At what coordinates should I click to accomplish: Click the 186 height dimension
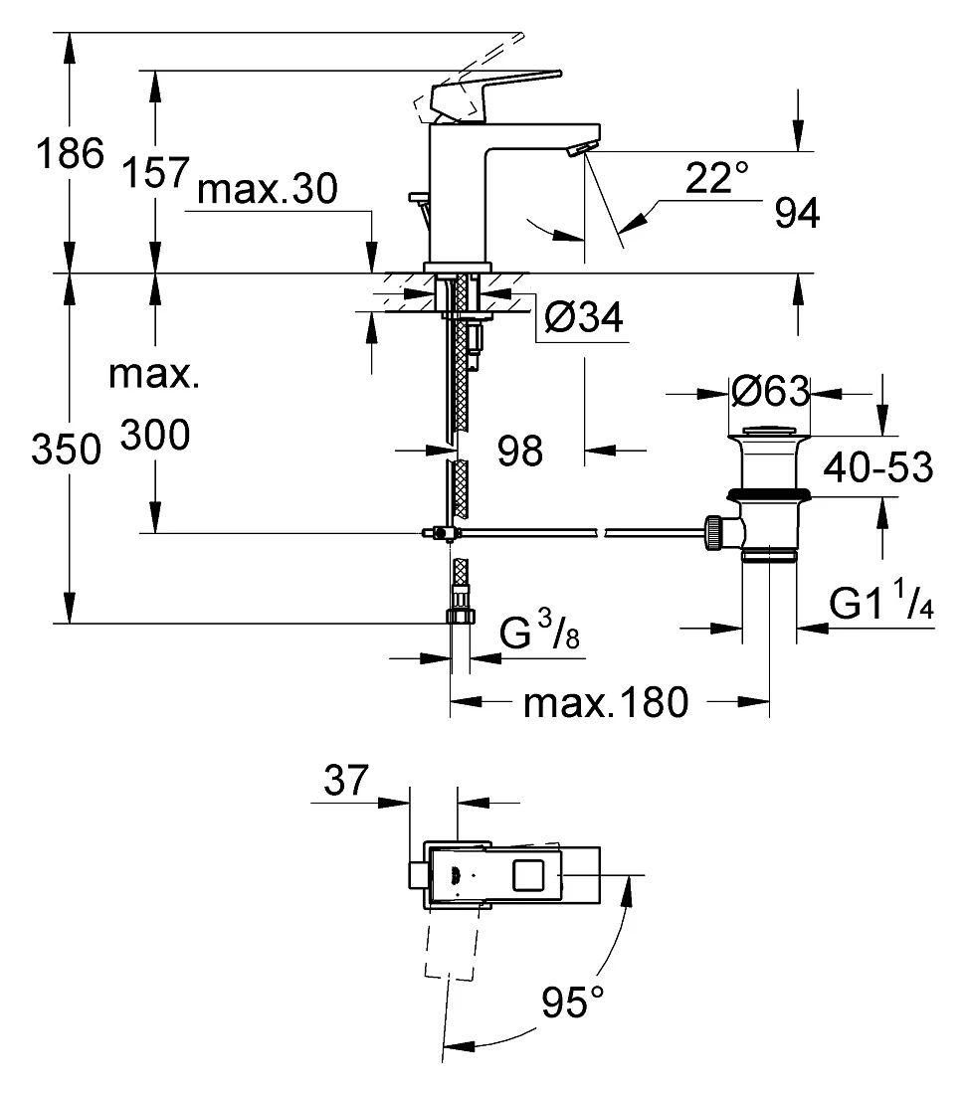(70, 153)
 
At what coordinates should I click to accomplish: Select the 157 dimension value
(155, 172)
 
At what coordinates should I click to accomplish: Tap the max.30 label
(268, 189)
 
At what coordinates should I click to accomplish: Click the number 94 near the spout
(797, 213)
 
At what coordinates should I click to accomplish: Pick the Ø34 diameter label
(584, 317)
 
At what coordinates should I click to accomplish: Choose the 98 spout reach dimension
(520, 451)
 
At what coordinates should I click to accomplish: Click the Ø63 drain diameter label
(771, 391)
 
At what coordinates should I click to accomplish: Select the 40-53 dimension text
(878, 467)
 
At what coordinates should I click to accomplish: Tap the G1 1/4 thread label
(881, 602)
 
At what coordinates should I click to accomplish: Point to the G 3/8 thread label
(539, 630)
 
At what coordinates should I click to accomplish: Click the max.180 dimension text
(606, 702)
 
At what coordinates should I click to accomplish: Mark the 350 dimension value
(67, 450)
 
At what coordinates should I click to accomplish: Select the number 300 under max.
(155, 436)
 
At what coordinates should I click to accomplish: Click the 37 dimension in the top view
(345, 780)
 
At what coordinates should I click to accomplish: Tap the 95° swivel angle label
(573, 1003)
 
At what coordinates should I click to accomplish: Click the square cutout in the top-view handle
(528, 875)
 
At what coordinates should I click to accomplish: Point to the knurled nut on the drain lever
(713, 534)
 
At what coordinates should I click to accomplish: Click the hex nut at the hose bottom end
(460, 616)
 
